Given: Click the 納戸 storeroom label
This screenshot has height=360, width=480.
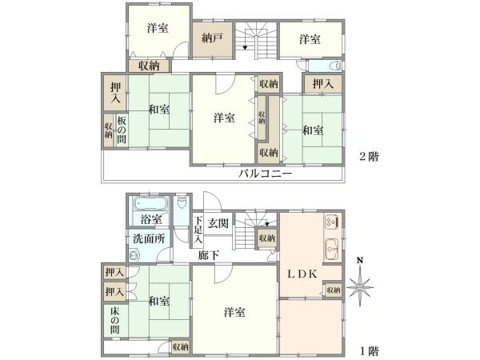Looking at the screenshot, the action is pos(212,38).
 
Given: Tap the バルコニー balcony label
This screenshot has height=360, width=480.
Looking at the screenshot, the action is pos(266,174).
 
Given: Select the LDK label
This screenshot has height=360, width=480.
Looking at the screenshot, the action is pos(302,274).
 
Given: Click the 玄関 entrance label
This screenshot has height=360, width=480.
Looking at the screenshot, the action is pos(218,223).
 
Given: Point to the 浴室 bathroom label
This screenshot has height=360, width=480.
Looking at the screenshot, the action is pos(151,219).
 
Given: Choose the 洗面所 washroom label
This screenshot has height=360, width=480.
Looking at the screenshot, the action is pos(149,238).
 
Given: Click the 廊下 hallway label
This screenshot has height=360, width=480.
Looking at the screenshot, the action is pos(208,255).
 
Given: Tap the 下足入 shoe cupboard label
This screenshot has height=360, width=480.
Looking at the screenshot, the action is pos(198,230).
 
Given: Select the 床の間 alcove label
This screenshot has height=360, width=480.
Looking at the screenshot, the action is pos(115,321).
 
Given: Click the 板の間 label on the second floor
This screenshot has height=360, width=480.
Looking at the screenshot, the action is pos(122,130).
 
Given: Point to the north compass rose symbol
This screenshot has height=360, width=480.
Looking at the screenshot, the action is pos(360,287).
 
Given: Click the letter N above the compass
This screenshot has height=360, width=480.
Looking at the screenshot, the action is pos(360,261).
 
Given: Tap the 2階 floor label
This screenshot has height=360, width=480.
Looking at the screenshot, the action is pos(369,157).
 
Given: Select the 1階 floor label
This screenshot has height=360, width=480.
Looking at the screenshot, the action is pos(369,351).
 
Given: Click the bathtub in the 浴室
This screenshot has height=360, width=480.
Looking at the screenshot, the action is pos(151,203).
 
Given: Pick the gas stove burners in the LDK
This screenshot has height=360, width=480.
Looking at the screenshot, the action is pos(332,222).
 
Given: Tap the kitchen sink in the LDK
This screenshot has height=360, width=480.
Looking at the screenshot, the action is pos(332,249).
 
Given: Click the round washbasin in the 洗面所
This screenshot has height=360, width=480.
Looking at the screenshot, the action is pos(134,256).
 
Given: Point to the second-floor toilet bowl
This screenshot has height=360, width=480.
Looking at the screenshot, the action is pos(337,66).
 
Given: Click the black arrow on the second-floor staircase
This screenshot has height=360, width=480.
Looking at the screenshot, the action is pos(245,47).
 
